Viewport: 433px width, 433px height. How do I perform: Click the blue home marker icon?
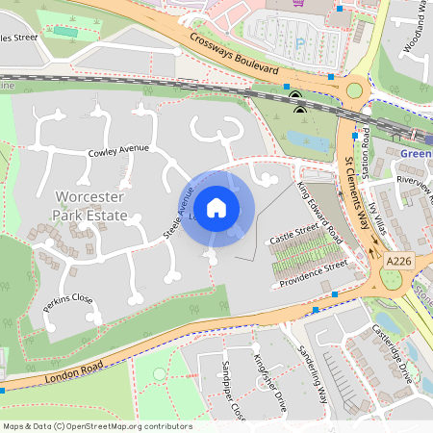(x=216, y=207)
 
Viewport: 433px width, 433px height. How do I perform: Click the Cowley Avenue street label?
(x=119, y=150)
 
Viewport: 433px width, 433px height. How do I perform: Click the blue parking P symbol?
(x=299, y=42)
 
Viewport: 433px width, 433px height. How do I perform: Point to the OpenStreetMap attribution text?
(x=97, y=425)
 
